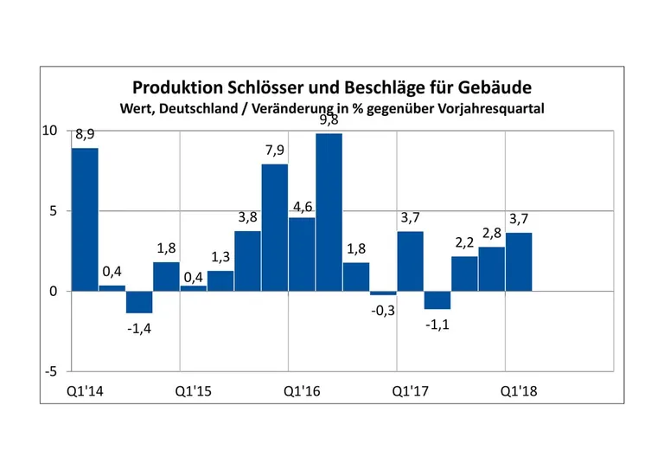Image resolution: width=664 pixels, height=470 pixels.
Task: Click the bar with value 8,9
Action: pos(85,219)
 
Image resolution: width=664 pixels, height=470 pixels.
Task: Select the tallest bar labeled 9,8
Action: pos(329,212)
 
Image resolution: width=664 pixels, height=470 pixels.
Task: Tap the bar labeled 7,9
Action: pos(274,227)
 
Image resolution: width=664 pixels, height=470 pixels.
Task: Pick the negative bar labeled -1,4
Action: pos(139,301)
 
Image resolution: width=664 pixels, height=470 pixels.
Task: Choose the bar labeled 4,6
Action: pos(302,254)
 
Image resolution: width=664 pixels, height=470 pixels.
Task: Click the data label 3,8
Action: pos(248,217)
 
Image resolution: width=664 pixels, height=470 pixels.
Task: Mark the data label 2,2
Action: pos(464,243)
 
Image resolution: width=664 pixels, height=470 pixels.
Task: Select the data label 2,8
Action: pos(491,234)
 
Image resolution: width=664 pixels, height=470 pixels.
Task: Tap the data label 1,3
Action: pos(220,257)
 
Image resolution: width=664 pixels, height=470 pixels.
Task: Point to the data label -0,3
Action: pos(382,311)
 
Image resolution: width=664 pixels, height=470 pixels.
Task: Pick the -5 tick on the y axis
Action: pos(51,371)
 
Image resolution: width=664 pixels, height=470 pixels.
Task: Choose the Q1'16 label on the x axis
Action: pos(302,390)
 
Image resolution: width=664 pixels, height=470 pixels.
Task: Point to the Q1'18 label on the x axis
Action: pos(519,390)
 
